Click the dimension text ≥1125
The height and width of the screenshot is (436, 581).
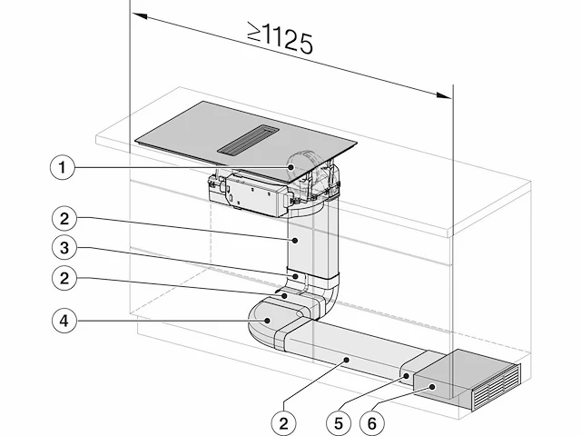click(x=281, y=38)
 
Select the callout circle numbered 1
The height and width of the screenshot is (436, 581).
click(x=63, y=167)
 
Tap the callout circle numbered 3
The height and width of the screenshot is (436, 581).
click(x=64, y=248)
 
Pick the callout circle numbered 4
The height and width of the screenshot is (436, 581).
click(x=64, y=321)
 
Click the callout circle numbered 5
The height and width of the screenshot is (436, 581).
click(x=339, y=423)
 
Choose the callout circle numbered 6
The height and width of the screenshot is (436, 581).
click(x=372, y=423)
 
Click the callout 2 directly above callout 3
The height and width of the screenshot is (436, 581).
click(x=64, y=219)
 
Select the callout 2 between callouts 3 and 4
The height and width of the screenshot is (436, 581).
click(x=64, y=278)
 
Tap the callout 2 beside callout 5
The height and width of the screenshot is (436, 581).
click(x=284, y=423)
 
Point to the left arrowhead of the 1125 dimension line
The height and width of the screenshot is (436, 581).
click(x=140, y=16)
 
